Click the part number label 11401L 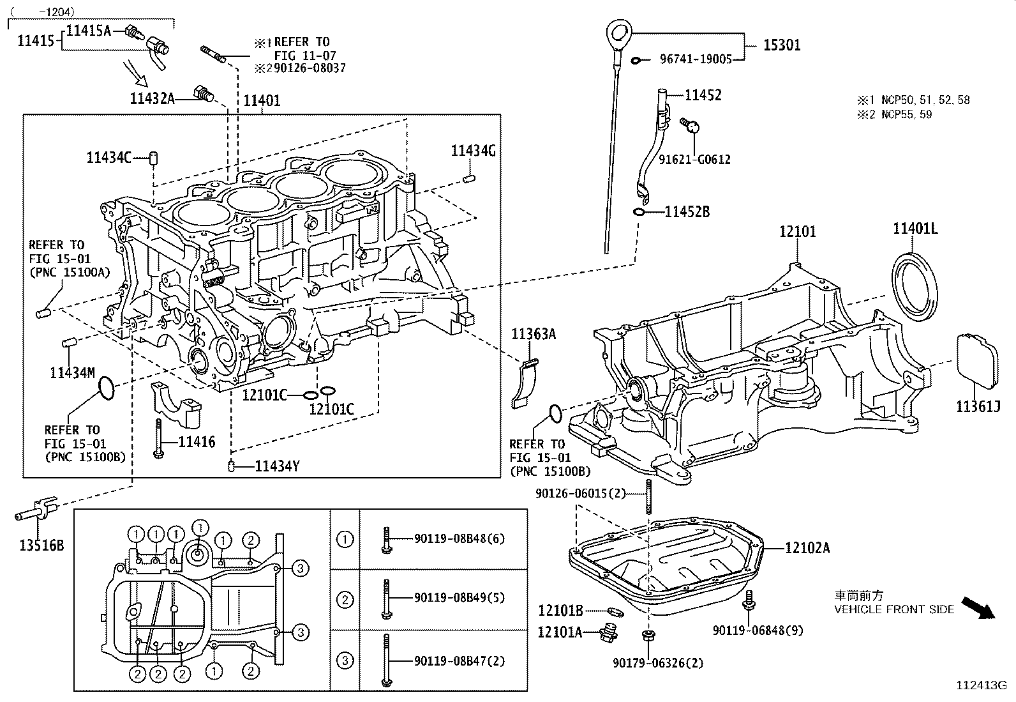[915, 229]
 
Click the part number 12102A [807, 547]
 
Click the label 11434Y [277, 466]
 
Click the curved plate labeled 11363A [525, 383]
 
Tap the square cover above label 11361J [977, 361]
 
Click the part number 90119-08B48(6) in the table [459, 538]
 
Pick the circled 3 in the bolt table [345, 660]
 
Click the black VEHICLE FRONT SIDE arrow [978, 607]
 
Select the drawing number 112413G [980, 686]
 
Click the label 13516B [41, 545]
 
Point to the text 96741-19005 [696, 59]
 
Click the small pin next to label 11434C [153, 157]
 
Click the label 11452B [687, 211]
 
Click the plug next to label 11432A [204, 93]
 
